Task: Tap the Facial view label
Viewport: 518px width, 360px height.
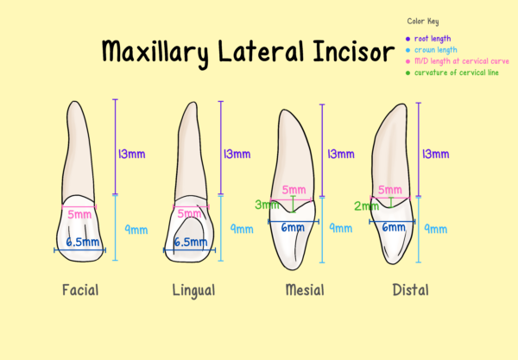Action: pyautogui.click(x=80, y=290)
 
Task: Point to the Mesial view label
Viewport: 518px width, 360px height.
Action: pyautogui.click(x=304, y=290)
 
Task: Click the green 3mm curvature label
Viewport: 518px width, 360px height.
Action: pyautogui.click(x=265, y=205)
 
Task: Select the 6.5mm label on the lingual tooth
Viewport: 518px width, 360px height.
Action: pyautogui.click(x=190, y=243)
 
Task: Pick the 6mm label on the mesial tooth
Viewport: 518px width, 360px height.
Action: pyautogui.click(x=294, y=228)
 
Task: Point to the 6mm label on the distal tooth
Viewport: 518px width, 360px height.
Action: pyautogui.click(x=394, y=228)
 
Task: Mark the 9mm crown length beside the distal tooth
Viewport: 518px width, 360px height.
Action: pyautogui.click(x=435, y=229)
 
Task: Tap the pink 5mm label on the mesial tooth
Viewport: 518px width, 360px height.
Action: pyautogui.click(x=294, y=190)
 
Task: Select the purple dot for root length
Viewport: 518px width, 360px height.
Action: pyautogui.click(x=407, y=39)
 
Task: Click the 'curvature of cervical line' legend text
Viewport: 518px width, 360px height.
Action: pyautogui.click(x=455, y=73)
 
